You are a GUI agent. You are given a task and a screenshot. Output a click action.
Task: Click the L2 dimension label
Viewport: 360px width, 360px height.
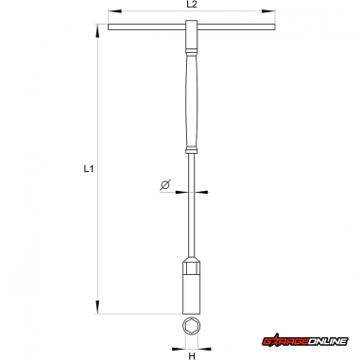point(192,5)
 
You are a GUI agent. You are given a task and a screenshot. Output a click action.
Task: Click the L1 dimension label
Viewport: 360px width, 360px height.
point(89,169)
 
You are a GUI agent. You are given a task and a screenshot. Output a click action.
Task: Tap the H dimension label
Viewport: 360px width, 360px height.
point(192,356)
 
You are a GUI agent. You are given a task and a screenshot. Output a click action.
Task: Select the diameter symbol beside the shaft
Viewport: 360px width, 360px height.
point(165,185)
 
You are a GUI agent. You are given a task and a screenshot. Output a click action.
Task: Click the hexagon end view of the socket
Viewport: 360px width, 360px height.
point(192,326)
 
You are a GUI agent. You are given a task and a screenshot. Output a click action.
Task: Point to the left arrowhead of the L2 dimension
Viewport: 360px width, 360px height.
point(114,11)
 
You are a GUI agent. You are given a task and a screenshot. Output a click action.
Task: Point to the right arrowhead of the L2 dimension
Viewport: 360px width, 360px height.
point(268,11)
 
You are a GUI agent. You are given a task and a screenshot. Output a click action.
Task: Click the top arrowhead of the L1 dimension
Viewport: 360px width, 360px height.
point(97,30)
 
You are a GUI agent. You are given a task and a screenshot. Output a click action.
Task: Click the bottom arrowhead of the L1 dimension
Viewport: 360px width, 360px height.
point(97,307)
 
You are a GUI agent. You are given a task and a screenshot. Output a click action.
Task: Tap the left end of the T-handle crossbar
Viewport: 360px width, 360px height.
point(109,27)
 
